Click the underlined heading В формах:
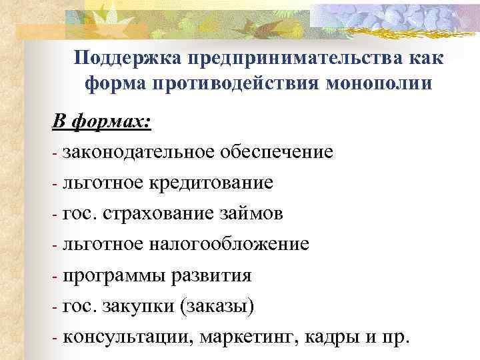[x=102, y=123]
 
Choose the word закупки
[x=147, y=307]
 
